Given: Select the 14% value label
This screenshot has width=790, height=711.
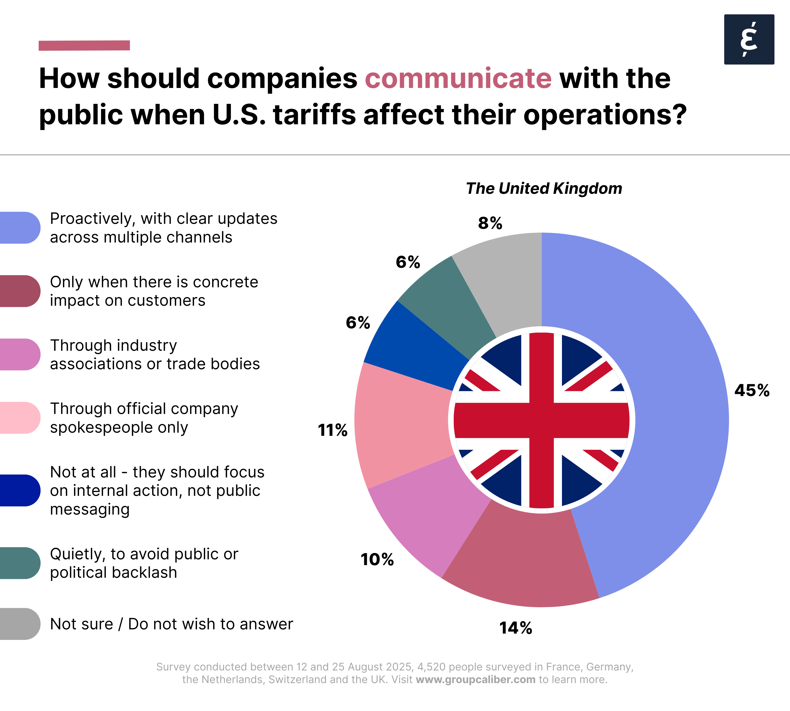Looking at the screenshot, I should point(516,628).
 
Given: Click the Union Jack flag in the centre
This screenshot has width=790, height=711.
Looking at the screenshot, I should point(541,420).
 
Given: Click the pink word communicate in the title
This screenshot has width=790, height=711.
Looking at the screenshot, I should point(458,78).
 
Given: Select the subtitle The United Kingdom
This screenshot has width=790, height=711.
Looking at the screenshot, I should point(544,188).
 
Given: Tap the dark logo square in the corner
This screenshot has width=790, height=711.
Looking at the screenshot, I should point(749,39).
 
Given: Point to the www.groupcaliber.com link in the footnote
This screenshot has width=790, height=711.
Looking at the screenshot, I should point(476,679).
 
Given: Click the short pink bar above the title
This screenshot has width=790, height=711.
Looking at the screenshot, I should point(84,45).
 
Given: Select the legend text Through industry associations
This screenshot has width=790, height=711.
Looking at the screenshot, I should point(155,354).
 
